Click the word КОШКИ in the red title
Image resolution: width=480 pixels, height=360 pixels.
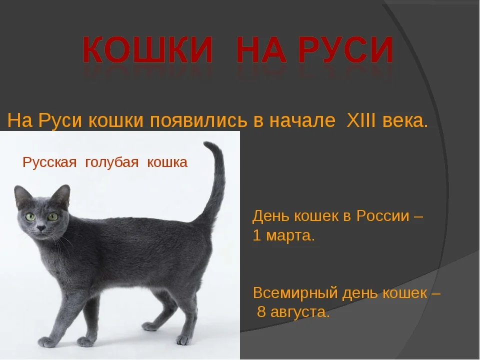tap(147, 49)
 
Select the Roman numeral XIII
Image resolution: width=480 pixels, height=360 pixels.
tap(361, 120)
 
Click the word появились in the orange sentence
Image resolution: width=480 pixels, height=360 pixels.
tap(198, 121)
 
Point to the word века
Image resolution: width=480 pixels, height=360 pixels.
tap(404, 121)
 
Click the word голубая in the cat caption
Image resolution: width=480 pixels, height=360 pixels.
tap(111, 162)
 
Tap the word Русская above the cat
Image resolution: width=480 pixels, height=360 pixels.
tap(49, 162)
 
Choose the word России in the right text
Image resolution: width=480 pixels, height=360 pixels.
tap(382, 216)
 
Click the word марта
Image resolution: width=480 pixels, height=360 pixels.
tap(290, 236)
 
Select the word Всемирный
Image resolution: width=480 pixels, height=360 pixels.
tap(295, 293)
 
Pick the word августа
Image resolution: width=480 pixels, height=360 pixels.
tap(300, 312)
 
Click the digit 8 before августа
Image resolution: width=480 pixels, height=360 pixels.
tap(261, 312)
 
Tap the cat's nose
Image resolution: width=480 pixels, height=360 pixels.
tap(40, 228)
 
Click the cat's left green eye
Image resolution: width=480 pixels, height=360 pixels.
tap(30, 216)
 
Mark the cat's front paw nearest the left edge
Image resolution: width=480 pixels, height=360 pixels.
tap(46, 342)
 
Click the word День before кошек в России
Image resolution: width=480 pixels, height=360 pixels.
tap(271, 216)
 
